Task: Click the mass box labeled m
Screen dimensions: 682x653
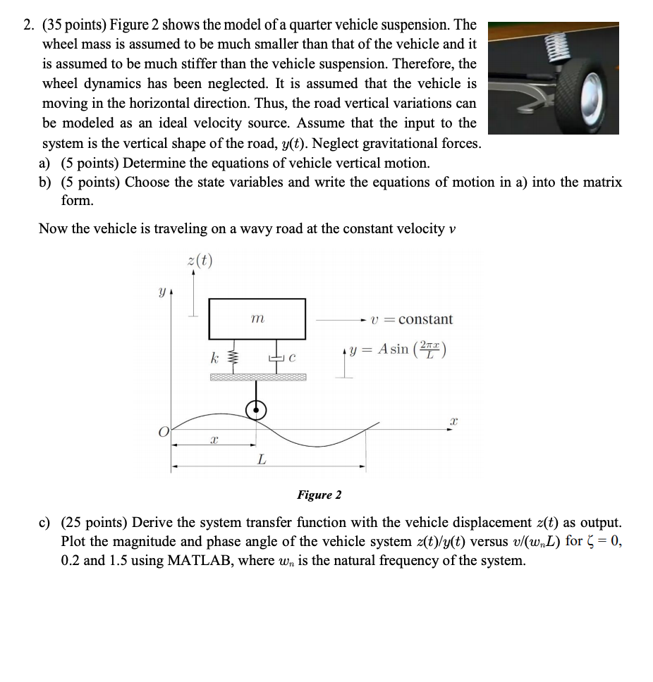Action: (x=257, y=319)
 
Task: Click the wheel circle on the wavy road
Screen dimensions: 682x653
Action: (x=256, y=409)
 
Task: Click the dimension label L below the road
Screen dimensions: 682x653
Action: (x=262, y=459)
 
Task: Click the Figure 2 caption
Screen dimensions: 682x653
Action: (x=319, y=495)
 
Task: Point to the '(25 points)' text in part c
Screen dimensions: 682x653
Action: (x=94, y=523)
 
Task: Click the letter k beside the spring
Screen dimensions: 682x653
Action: (x=215, y=358)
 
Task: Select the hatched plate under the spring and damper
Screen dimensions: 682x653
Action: (x=257, y=378)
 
